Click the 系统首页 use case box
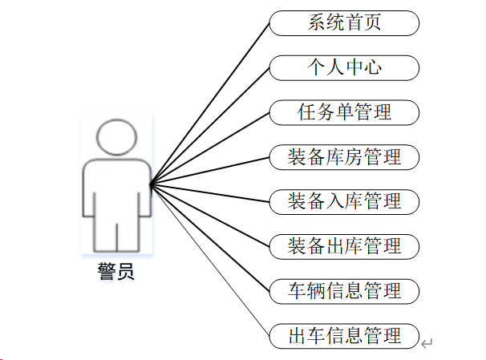click(344, 23)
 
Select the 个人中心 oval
click(344, 67)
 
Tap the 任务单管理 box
click(344, 112)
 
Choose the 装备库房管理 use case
click(344, 157)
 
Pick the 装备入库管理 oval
click(344, 201)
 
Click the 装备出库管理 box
click(344, 246)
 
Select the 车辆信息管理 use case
click(344, 290)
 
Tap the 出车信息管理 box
click(344, 335)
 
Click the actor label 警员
click(115, 273)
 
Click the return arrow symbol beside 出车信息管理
click(427, 344)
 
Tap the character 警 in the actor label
click(106, 273)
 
